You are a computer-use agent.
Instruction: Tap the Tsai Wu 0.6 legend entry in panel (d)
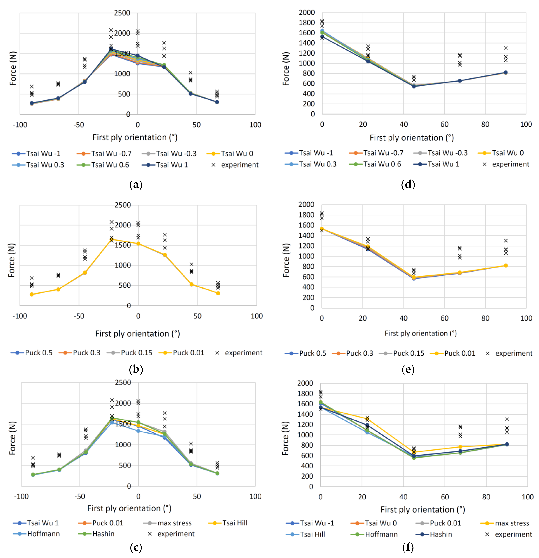pyautogui.click(x=375, y=164)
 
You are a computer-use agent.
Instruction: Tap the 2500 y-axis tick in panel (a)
pyautogui.click(x=122, y=13)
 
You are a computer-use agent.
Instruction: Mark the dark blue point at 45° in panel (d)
pyautogui.click(x=414, y=86)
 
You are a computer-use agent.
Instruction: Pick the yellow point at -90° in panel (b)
pyautogui.click(x=32, y=294)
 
